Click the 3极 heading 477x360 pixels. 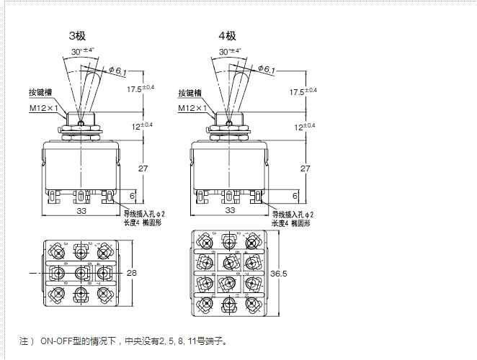click(77, 35)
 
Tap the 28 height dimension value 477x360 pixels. click(132, 274)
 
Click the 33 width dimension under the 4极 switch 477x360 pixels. click(231, 210)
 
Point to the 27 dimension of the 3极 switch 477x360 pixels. click(142, 168)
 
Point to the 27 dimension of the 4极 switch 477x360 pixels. click(306, 168)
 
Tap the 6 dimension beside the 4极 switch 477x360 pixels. click(295, 196)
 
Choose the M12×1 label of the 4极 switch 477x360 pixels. click(192, 108)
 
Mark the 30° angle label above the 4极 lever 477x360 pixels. click(230, 51)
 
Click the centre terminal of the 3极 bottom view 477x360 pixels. click(81, 274)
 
